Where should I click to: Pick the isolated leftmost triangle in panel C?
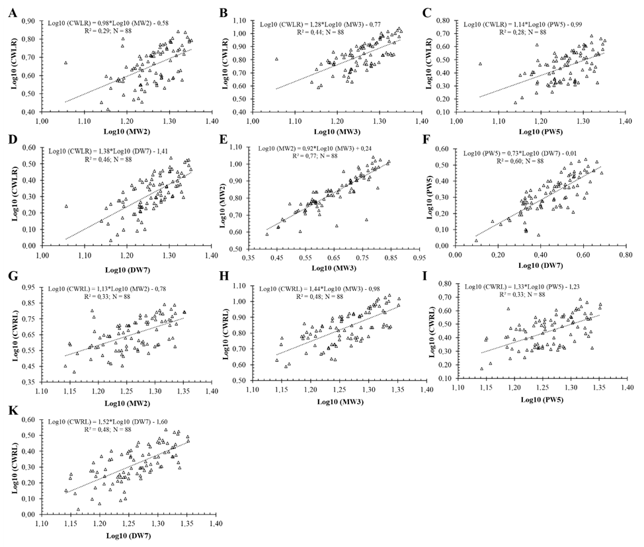[480, 64]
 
